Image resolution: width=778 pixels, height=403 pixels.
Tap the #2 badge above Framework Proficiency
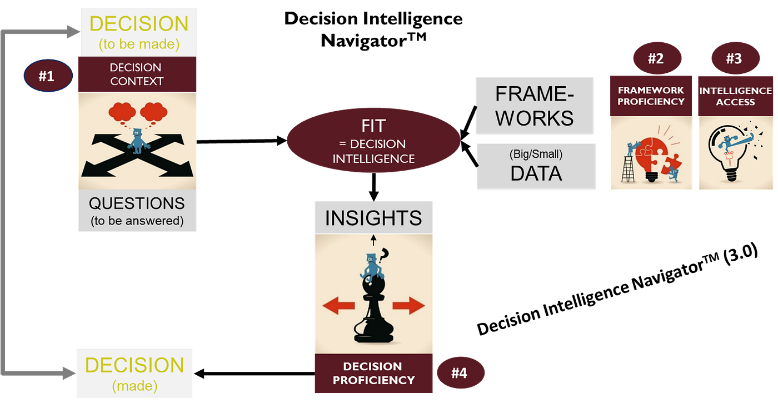pyautogui.click(x=656, y=59)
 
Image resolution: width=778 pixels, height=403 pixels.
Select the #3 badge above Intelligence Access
pyautogui.click(x=735, y=59)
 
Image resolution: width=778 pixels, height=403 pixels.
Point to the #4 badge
pyautogui.click(x=459, y=373)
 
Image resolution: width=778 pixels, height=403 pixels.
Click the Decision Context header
pyautogui.click(x=137, y=74)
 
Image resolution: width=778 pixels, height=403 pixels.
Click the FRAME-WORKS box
pyautogui.click(x=535, y=106)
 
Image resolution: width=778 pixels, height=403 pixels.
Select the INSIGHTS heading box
pyautogui.click(x=373, y=218)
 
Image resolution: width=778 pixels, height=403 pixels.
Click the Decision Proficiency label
pyautogui.click(x=373, y=374)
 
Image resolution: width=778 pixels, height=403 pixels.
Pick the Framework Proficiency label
pyautogui.click(x=651, y=96)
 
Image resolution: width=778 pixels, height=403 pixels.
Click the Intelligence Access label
pyautogui.click(x=735, y=96)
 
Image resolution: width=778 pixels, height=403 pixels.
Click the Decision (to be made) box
pyautogui.click(x=139, y=31)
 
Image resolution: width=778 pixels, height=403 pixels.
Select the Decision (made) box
pyautogui.click(x=134, y=373)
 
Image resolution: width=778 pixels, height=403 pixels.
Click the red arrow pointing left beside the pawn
pyautogui.click(x=338, y=305)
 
